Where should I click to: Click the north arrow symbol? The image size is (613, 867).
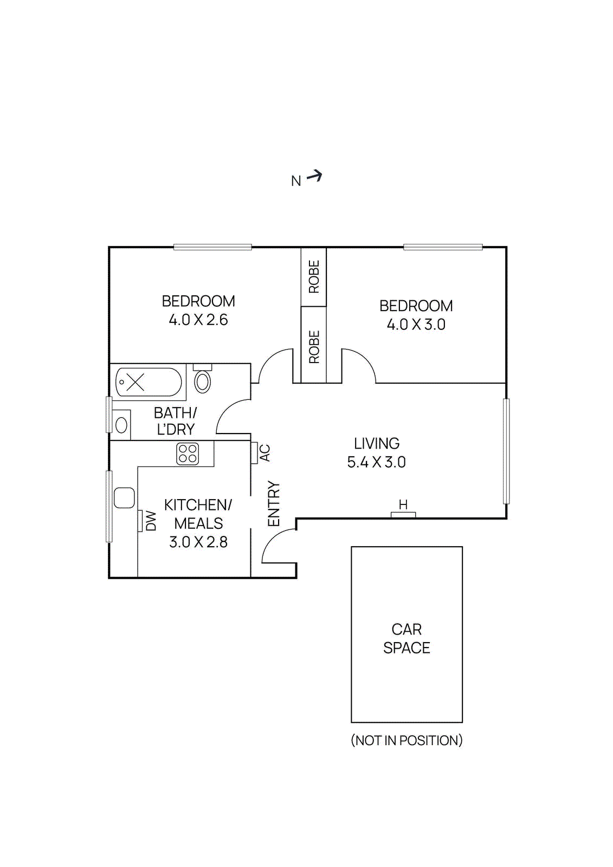(x=314, y=176)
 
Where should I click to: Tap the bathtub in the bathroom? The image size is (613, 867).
(x=149, y=382)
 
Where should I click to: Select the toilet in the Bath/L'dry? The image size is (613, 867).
(x=202, y=381)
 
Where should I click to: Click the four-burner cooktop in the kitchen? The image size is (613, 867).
(x=188, y=454)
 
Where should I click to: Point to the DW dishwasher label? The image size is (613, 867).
(x=151, y=521)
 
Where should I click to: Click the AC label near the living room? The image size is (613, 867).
(x=264, y=452)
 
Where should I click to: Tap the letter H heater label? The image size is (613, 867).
(x=403, y=505)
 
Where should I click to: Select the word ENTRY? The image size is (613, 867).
(x=274, y=504)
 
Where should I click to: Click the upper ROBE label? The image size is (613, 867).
(x=314, y=277)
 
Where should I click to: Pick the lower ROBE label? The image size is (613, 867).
(x=314, y=347)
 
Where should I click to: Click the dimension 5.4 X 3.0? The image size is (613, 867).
(x=376, y=462)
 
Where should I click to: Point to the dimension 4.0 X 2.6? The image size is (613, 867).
(x=198, y=320)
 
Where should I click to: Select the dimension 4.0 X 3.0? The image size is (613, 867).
(x=416, y=325)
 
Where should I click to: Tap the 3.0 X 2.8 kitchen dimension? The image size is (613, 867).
(x=198, y=542)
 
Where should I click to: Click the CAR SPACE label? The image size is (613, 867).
(x=406, y=638)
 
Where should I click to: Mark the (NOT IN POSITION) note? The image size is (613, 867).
(x=406, y=740)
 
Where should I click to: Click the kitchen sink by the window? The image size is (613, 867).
(x=124, y=497)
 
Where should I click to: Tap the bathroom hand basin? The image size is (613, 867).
(x=122, y=425)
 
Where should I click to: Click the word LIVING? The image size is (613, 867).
(x=377, y=443)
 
